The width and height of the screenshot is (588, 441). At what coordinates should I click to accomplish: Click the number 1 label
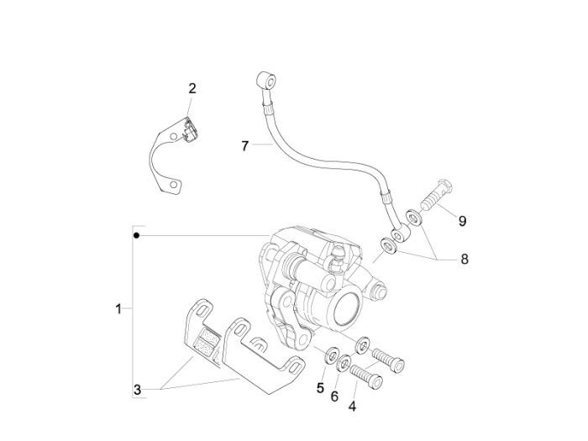[x=118, y=308]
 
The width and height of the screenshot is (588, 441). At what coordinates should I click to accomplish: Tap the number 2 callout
[x=192, y=88]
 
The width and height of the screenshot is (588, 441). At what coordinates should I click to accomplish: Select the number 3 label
[x=137, y=390]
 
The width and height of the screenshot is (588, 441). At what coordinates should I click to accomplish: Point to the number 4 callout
[x=352, y=407]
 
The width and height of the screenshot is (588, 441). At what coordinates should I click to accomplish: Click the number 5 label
[x=320, y=388]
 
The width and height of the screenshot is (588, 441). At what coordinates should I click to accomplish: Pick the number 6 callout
[x=335, y=396]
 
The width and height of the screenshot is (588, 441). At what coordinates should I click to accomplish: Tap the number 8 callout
[x=464, y=260]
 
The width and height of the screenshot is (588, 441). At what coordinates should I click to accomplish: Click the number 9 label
[x=462, y=221]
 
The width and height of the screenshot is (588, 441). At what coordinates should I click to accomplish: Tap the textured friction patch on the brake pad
[x=204, y=342]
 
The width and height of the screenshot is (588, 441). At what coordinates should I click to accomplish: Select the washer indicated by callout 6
[x=344, y=365]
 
